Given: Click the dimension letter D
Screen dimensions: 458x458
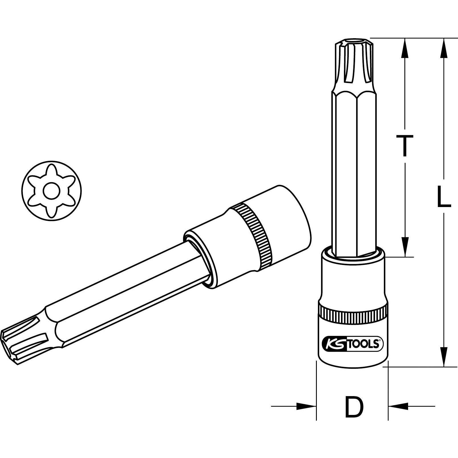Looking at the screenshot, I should (354, 407).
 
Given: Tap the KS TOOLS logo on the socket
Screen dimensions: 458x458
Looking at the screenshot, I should (352, 344).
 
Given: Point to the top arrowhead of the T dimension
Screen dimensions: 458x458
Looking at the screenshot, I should (404, 47).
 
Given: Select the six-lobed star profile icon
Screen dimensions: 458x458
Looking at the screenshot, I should (51, 190).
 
